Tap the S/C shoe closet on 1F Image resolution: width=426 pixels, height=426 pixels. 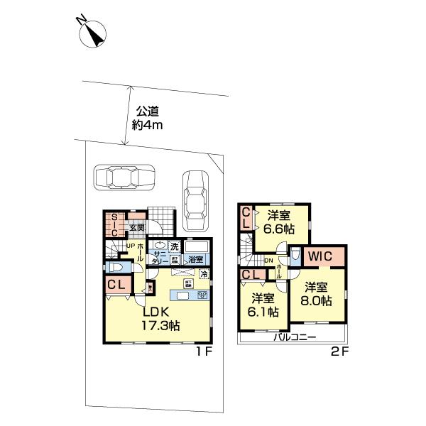(114, 224)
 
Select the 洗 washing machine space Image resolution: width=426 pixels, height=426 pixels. (173, 246)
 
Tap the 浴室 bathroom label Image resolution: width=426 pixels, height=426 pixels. (195, 259)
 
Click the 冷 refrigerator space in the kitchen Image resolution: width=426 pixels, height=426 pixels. (204, 275)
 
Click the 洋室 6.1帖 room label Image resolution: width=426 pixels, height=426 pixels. (263, 305)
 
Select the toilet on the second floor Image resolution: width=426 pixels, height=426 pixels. (293, 253)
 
